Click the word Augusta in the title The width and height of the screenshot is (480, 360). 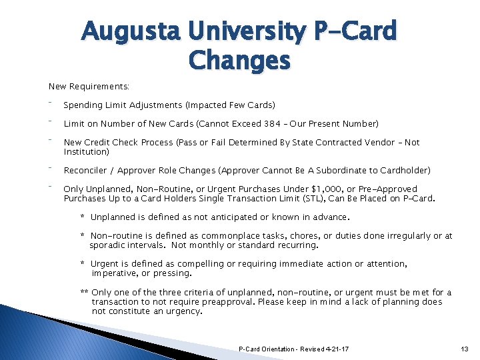(x=131, y=31)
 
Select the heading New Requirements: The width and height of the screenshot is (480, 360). (x=89, y=87)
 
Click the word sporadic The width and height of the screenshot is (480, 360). (x=107, y=245)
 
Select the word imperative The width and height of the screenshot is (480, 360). (x=115, y=273)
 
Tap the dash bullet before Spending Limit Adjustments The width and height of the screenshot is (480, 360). (x=51, y=103)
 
